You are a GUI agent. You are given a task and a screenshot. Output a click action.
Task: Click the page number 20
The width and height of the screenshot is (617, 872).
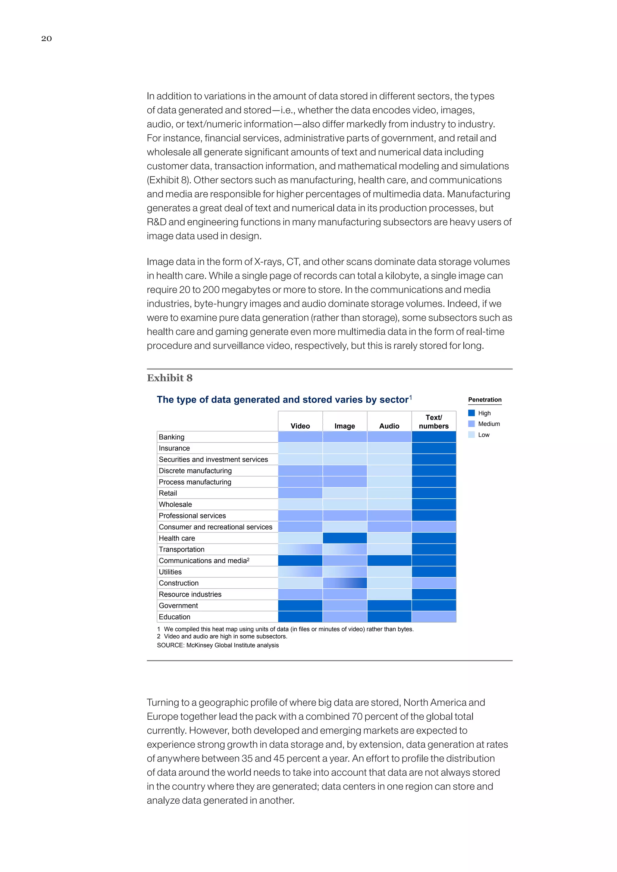point(46,38)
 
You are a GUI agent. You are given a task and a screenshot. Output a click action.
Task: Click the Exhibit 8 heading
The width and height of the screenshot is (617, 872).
point(170,378)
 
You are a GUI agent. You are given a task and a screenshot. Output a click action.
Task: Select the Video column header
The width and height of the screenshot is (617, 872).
point(300,426)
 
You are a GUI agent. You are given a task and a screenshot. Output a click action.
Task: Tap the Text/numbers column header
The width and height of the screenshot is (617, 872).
point(434,422)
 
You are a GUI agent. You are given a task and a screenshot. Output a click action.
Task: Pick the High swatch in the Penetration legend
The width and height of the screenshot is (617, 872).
point(471,413)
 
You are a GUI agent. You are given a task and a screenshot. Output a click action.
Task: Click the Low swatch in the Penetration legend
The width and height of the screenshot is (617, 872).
point(471,435)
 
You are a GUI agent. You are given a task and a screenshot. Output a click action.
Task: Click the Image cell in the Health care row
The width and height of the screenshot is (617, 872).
point(345,538)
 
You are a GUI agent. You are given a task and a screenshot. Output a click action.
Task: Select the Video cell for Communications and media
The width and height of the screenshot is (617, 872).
point(300,561)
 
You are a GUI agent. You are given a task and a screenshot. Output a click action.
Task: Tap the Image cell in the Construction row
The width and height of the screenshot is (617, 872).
point(345,583)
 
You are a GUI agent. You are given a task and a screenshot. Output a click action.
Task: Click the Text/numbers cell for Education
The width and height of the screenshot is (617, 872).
point(434,617)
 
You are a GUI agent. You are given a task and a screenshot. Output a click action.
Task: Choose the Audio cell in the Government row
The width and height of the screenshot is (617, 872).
point(389,606)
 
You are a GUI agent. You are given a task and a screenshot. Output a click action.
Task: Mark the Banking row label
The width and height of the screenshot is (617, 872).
point(171,437)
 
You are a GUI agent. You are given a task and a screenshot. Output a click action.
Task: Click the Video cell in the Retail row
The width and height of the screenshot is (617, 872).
point(300,493)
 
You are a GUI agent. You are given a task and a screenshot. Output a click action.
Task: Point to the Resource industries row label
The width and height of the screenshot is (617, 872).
point(190,594)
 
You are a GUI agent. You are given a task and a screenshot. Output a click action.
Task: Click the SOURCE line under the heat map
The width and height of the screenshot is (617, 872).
point(218,645)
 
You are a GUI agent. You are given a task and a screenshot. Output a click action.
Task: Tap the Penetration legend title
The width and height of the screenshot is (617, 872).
point(485,400)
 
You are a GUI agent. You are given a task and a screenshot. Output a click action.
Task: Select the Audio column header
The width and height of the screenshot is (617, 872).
point(389,426)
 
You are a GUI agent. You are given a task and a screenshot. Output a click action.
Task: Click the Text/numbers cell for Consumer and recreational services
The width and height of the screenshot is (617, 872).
point(434,527)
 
